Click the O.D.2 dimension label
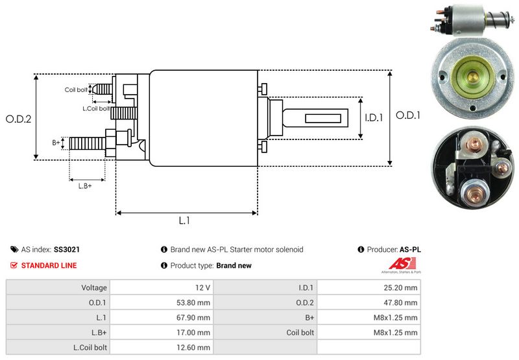point(19,119)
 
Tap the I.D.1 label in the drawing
point(374,118)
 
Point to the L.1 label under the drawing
point(184,221)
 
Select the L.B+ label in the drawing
point(84,186)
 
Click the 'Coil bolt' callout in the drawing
point(76,90)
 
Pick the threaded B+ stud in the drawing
point(87,143)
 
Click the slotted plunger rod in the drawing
point(318,118)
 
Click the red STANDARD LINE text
point(49,265)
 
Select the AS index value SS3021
point(67,249)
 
